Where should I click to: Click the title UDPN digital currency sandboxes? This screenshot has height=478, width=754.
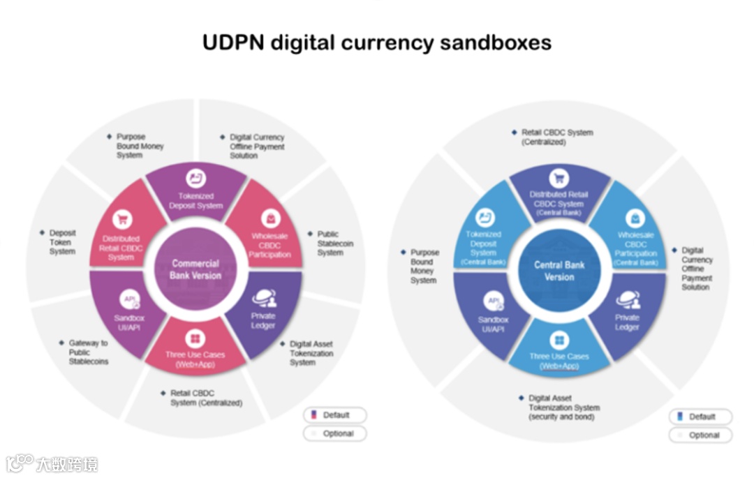pyautogui.click(x=376, y=43)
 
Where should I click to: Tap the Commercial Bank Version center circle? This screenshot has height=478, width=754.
pyautogui.click(x=195, y=269)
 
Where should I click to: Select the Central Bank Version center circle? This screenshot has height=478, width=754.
pyautogui.click(x=559, y=271)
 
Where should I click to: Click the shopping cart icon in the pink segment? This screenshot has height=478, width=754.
pyautogui.click(x=122, y=220)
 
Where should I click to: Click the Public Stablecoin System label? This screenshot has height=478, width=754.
pyautogui.click(x=335, y=244)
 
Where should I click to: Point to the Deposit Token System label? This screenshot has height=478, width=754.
pyautogui.click(x=62, y=242)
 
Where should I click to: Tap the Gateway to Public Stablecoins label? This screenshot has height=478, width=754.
pyautogui.click(x=88, y=352)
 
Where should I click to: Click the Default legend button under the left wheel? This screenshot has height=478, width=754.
pyautogui.click(x=335, y=415)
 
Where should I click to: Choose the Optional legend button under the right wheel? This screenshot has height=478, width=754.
pyautogui.click(x=701, y=435)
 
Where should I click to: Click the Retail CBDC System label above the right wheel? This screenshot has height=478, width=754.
pyautogui.click(x=556, y=137)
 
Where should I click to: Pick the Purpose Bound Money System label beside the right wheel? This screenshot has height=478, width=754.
pyautogui.click(x=424, y=267)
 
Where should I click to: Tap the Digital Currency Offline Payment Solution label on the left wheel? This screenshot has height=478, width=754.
pyautogui.click(x=257, y=147)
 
